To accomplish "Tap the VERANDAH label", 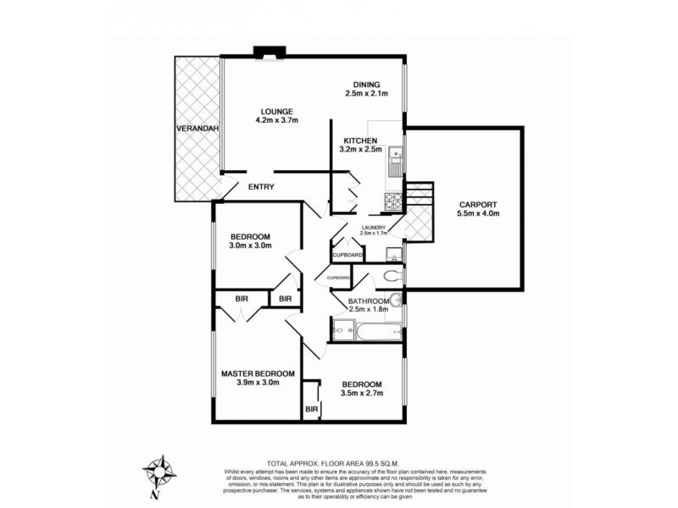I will pos(192,128).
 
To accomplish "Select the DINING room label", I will pos(366,83).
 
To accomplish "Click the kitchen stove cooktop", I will pos(394,201).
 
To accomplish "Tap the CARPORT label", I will pos(478,204).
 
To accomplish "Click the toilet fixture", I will pos(392,276).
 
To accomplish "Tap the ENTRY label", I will pos(261,187).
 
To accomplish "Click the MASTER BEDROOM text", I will pos(258,373).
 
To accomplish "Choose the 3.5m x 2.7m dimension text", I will pos(362,393).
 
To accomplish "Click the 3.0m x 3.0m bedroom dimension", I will pos(250,246).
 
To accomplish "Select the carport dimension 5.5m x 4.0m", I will pos(478,214).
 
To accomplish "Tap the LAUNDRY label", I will pos(374,227).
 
